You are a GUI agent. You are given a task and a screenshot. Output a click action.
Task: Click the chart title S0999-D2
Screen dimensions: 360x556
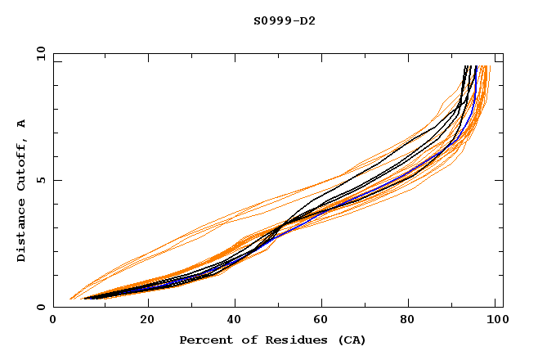(x=285, y=20)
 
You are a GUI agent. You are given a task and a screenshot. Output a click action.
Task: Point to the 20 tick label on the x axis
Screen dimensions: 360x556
(x=147, y=321)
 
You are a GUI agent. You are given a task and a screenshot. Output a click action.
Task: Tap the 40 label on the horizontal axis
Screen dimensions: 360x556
(x=235, y=321)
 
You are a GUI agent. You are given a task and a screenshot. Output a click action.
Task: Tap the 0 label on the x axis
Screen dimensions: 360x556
(x=54, y=321)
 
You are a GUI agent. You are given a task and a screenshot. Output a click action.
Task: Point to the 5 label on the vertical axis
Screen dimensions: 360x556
(x=43, y=181)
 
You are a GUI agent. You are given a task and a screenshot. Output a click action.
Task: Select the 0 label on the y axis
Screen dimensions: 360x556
(x=43, y=308)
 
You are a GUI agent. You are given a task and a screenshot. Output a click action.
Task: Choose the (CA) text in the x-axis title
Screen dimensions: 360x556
(x=349, y=340)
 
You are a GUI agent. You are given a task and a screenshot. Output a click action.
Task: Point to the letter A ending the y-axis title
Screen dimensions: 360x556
(x=21, y=124)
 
